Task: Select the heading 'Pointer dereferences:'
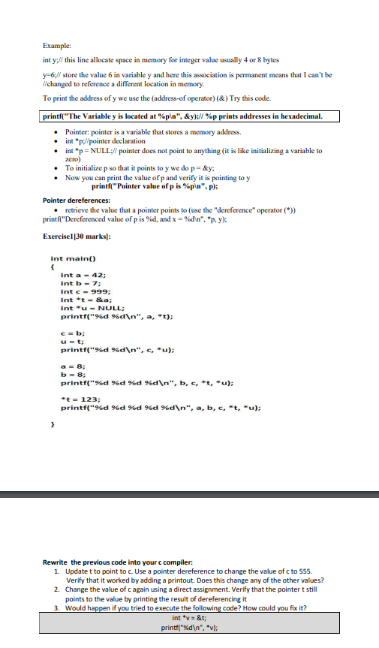[x=78, y=200]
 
